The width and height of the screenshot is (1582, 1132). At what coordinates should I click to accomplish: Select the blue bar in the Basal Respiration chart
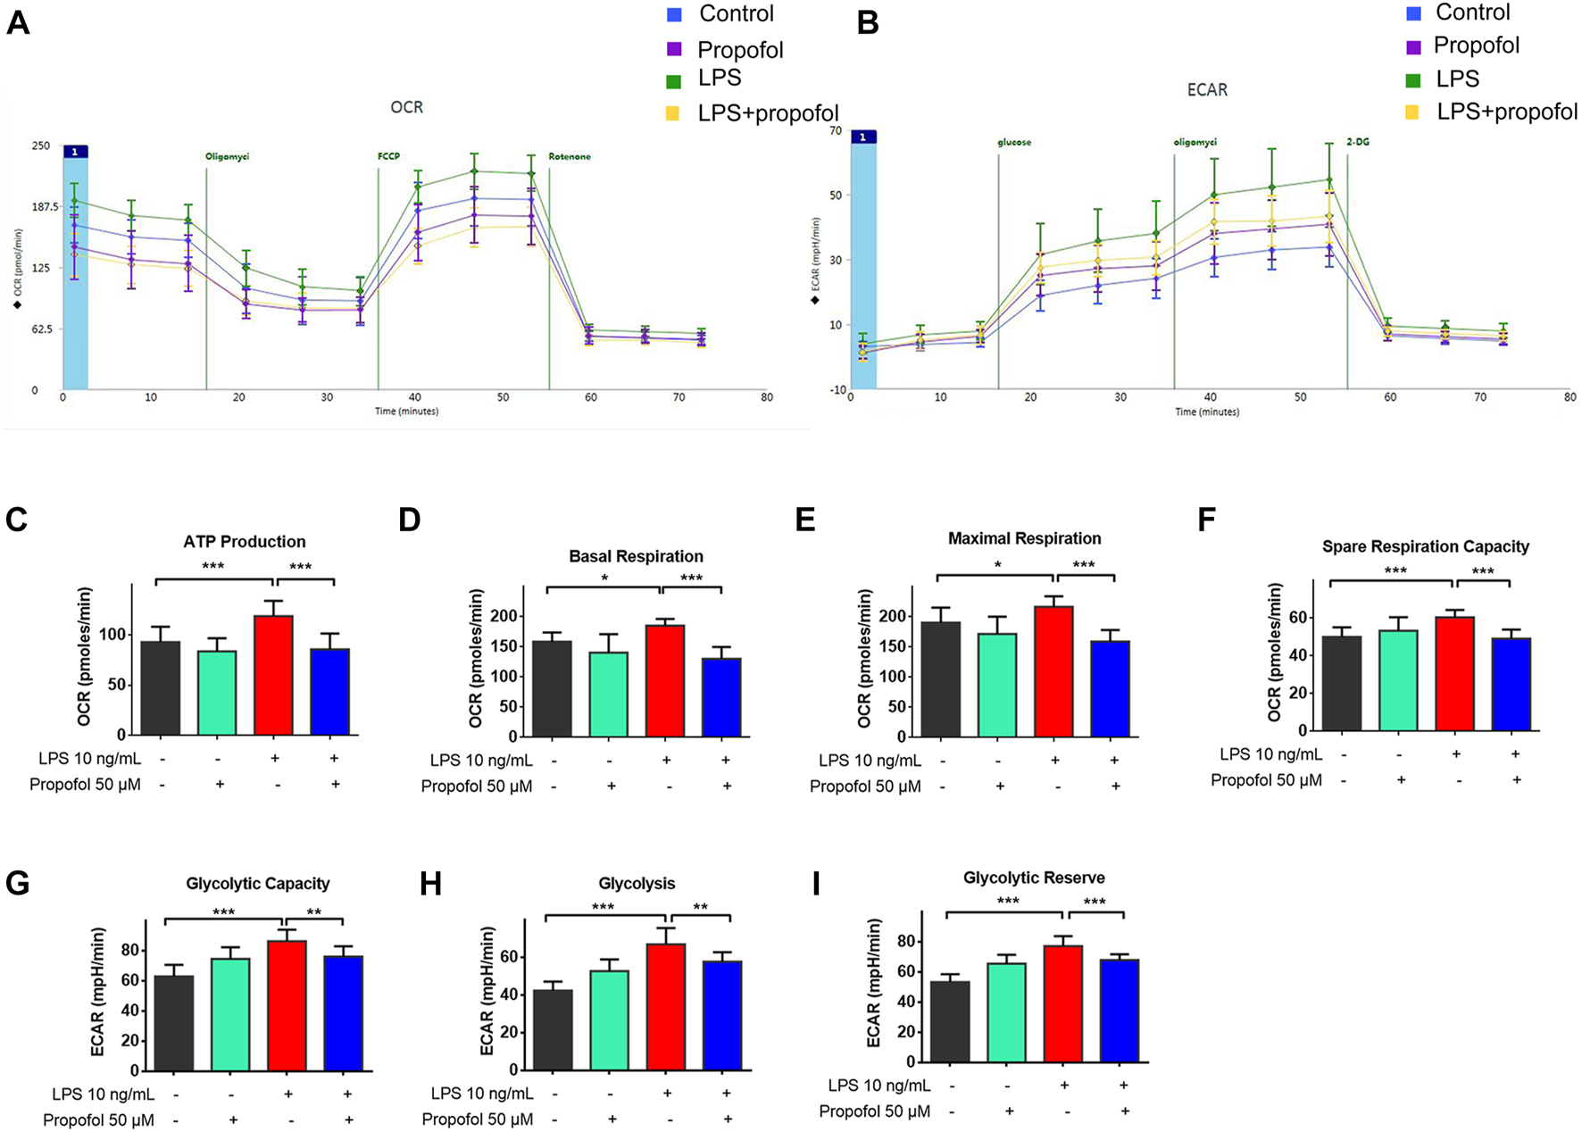point(721,697)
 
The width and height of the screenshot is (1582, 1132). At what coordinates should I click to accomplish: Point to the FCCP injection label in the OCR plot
point(388,156)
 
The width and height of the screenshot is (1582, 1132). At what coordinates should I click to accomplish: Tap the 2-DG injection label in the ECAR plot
point(1357,142)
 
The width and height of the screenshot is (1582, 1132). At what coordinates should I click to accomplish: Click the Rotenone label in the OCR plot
point(570,156)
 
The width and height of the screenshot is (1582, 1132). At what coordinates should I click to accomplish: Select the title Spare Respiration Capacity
point(1425,546)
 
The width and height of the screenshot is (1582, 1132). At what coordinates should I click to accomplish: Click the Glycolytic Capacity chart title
point(258,884)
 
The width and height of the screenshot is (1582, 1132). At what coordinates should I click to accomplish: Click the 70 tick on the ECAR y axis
point(836,130)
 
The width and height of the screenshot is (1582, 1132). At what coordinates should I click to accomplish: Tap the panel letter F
point(1206,520)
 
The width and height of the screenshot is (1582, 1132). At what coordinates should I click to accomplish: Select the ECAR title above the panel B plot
point(1207,89)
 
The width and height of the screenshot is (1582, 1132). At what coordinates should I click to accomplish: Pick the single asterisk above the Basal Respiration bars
point(604,578)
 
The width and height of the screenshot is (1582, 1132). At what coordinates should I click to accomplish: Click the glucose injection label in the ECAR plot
point(1014,142)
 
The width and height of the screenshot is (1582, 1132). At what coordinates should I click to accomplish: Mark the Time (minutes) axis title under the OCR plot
point(406,412)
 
